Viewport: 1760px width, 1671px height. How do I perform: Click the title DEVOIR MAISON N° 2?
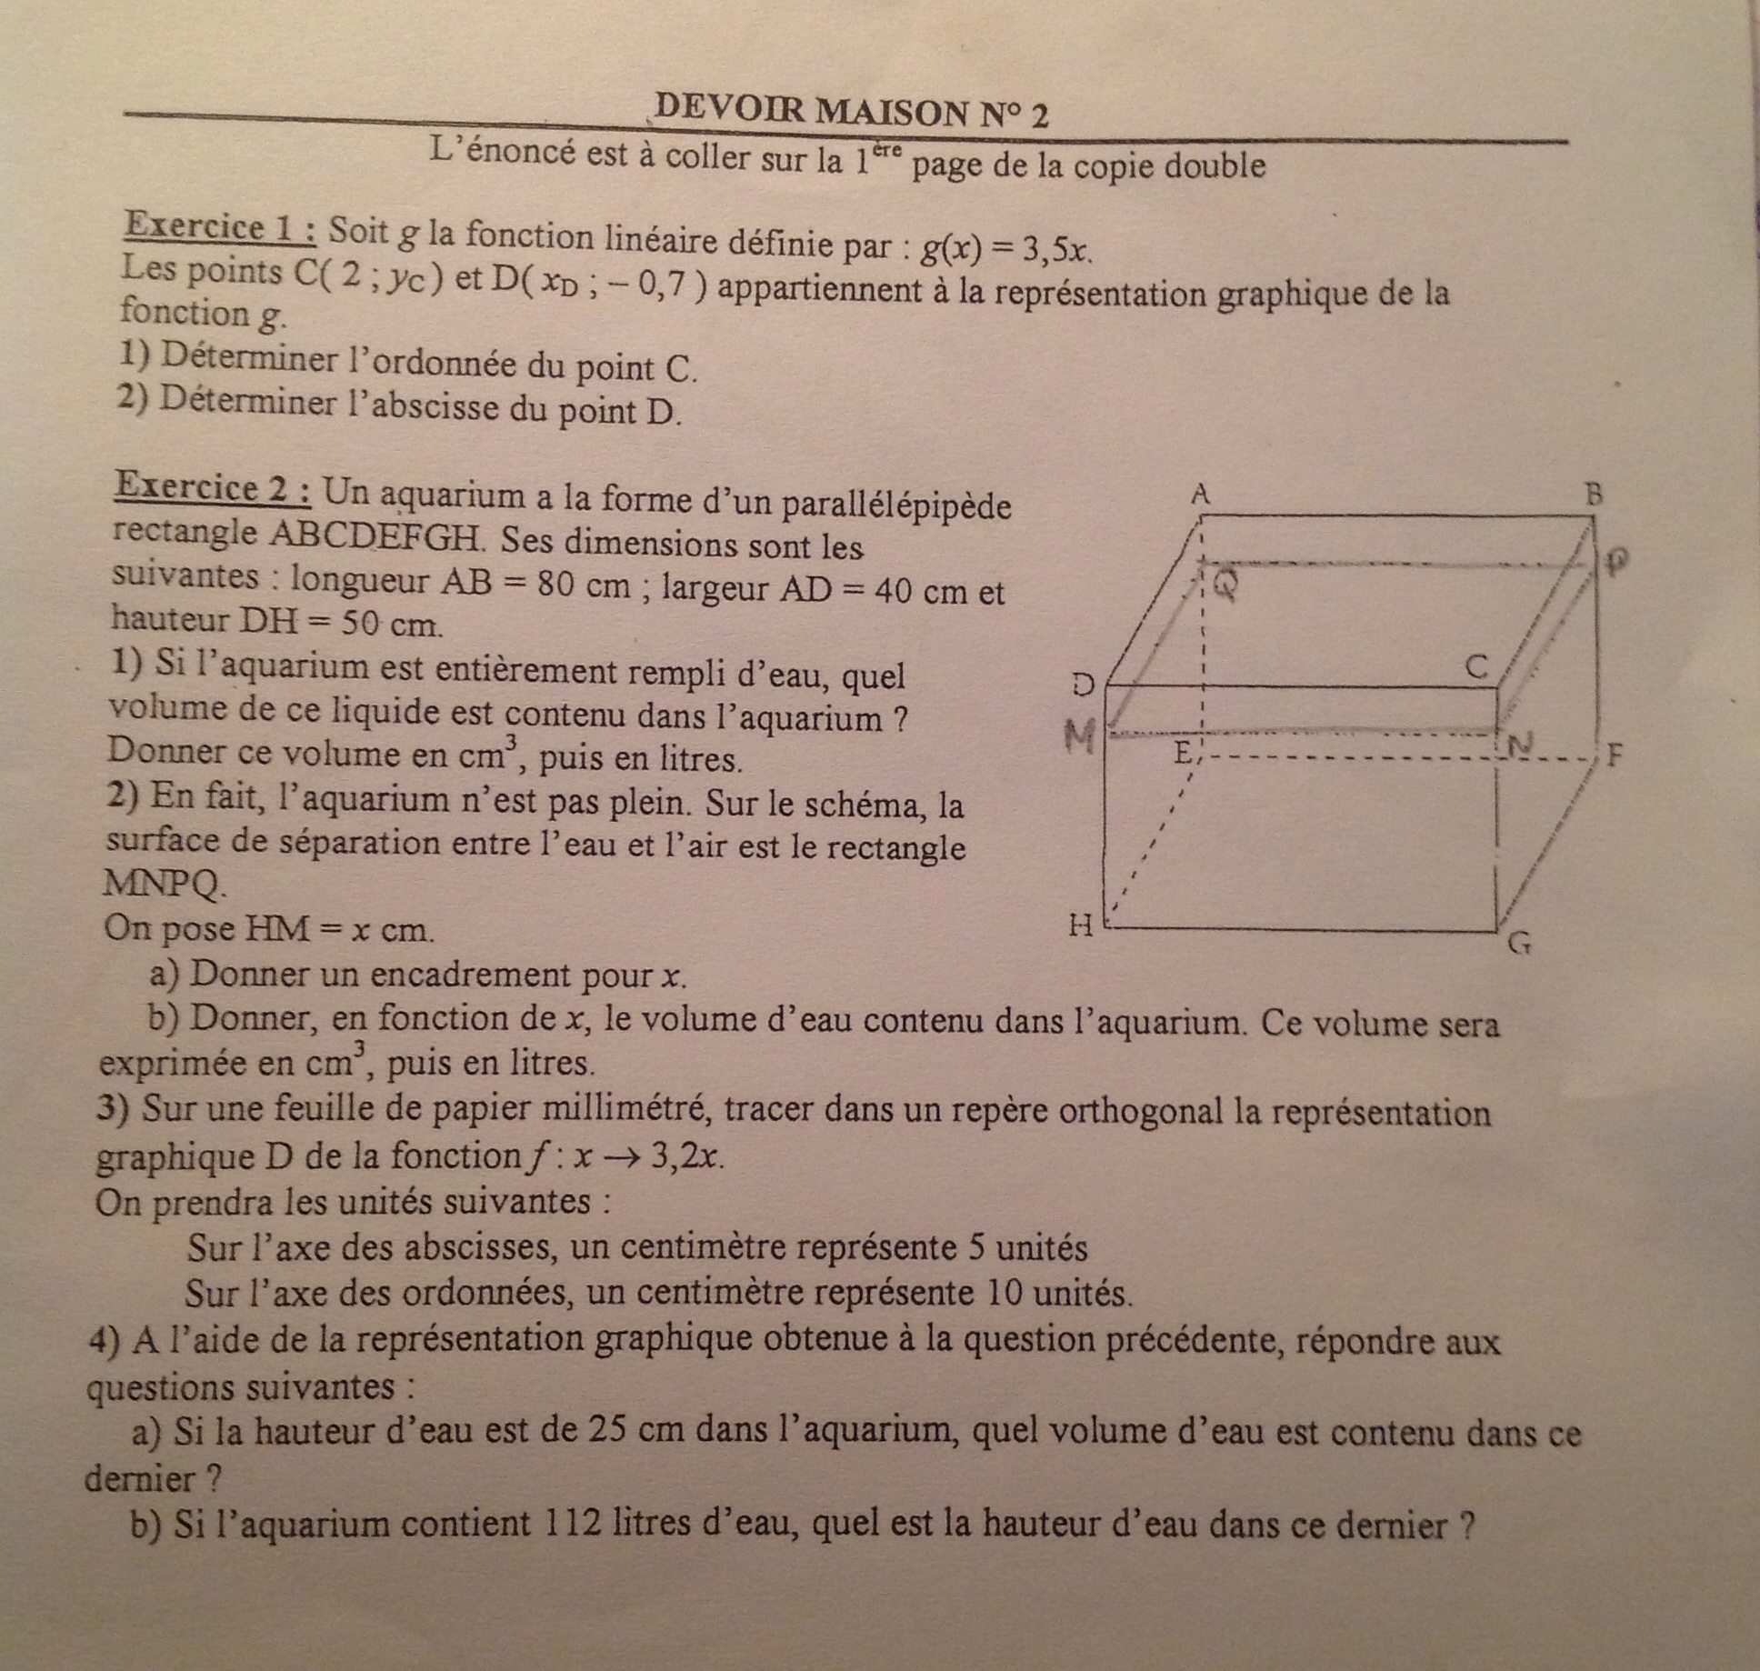pyautogui.click(x=850, y=113)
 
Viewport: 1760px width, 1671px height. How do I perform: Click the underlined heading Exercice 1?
pyautogui.click(x=221, y=227)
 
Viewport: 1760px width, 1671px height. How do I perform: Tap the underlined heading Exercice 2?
pyautogui.click(x=215, y=488)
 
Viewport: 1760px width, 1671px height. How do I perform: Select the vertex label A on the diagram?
pyautogui.click(x=1201, y=495)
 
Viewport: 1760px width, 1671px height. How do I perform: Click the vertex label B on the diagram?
pyautogui.click(x=1593, y=495)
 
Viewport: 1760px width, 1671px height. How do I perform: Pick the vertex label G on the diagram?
pyautogui.click(x=1519, y=944)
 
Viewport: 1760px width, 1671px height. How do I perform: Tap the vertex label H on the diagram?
pyautogui.click(x=1080, y=926)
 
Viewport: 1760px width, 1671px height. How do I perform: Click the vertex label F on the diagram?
pyautogui.click(x=1614, y=755)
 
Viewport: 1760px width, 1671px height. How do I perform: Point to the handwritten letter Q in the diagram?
pyautogui.click(x=1225, y=586)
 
